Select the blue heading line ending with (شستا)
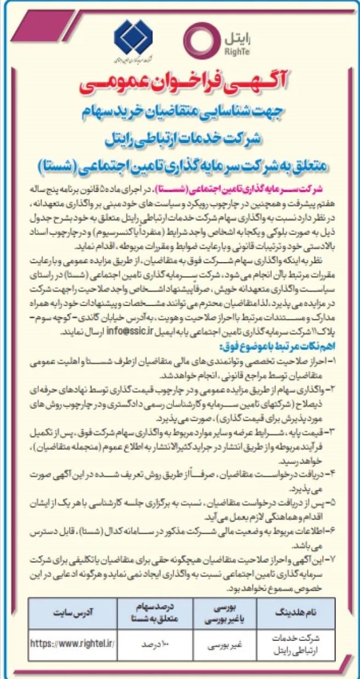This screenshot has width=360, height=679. [180, 165]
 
